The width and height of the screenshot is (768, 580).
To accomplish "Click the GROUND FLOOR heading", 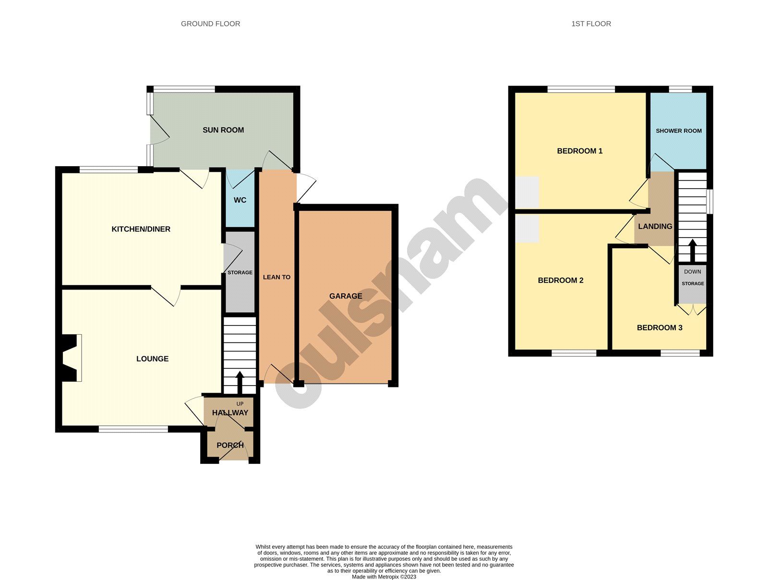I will point(210,24).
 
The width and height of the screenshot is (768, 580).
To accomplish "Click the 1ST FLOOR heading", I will point(591,24).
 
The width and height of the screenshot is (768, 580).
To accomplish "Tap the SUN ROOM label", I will point(223,130).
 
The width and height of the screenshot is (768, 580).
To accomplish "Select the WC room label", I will point(240,200).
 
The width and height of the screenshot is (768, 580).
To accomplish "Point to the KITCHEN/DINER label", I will point(141,229).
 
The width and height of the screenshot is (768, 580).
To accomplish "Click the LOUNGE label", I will point(152,359).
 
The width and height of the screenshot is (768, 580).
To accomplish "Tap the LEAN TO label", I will point(276,277).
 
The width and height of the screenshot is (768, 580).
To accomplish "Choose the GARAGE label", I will point(346,296).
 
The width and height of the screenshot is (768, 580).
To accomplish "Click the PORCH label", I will point(230,445).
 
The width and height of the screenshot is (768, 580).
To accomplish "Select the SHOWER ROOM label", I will point(678,131).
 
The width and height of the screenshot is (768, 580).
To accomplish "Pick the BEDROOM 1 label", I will point(579,151).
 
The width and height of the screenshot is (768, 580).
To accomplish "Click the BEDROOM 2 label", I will point(560,280).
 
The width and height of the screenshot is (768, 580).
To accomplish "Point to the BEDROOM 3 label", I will point(659,327).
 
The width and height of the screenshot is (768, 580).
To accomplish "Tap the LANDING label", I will point(655,226).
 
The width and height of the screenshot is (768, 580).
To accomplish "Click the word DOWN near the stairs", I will point(692,272).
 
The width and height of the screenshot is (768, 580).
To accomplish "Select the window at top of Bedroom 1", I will point(581,89).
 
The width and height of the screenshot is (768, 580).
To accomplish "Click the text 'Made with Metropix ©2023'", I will point(384,577).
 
